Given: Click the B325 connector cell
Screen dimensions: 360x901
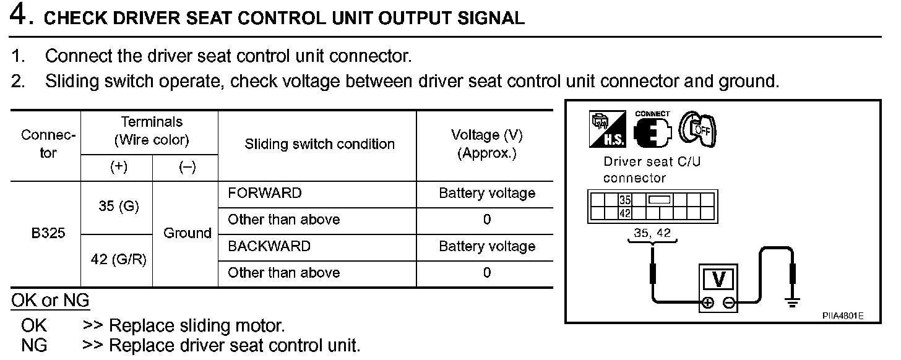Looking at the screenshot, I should tap(48, 234).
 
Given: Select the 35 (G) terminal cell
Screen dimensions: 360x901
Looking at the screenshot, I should tap(118, 207).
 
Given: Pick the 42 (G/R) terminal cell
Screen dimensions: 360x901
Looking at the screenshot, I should tap(118, 260).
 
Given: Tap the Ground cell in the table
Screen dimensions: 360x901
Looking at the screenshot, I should tap(187, 233).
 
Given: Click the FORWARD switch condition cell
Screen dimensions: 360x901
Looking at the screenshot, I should tap(264, 193).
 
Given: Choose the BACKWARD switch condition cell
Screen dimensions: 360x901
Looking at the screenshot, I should tap(269, 246).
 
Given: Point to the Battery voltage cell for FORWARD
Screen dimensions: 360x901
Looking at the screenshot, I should tap(486, 193).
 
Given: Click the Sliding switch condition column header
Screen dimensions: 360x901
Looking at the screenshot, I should tap(319, 144).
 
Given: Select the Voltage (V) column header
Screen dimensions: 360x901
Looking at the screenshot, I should tap(486, 144).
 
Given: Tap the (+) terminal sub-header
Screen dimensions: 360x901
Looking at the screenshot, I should tap(118, 168).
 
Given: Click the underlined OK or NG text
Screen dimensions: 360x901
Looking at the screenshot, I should tap(50, 301).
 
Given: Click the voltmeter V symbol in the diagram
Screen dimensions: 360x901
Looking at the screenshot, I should tap(718, 279).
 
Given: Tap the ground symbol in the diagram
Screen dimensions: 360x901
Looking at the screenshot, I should tap(792, 301).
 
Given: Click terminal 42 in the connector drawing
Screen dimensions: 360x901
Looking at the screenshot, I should tap(624, 213).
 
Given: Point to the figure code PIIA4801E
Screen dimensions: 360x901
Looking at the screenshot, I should tap(842, 315).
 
